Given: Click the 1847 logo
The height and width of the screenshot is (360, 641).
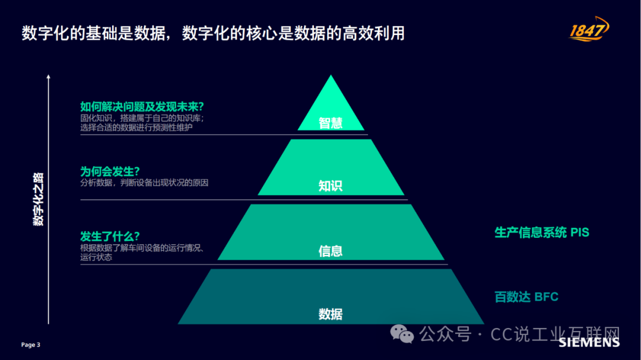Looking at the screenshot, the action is pyautogui.click(x=589, y=29).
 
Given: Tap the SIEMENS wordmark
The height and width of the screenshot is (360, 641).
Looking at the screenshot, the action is pyautogui.click(x=589, y=342).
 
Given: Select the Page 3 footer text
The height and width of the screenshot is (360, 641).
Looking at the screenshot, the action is pyautogui.click(x=31, y=345).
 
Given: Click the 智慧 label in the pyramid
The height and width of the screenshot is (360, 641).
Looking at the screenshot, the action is pyautogui.click(x=331, y=123).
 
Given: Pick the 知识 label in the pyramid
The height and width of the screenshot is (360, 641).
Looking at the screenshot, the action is pyautogui.click(x=331, y=186).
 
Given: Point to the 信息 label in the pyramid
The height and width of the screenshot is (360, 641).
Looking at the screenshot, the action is pyautogui.click(x=331, y=251).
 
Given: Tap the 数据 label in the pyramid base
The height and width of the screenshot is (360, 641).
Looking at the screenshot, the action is pyautogui.click(x=331, y=314).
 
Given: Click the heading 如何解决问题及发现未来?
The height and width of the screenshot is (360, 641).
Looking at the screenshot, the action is pyautogui.click(x=142, y=107).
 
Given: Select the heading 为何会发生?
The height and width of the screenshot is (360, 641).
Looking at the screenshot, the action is pyautogui.click(x=110, y=171).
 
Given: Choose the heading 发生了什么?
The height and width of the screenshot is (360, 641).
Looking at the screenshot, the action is pyautogui.click(x=110, y=236).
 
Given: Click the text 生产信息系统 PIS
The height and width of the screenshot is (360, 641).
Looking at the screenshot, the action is pyautogui.click(x=542, y=232).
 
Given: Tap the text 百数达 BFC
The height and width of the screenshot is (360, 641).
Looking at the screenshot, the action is pyautogui.click(x=526, y=297).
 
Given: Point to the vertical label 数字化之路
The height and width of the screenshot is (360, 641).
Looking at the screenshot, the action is pyautogui.click(x=38, y=199).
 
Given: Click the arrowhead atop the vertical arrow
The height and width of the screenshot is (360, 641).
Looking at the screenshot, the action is pyautogui.click(x=48, y=76).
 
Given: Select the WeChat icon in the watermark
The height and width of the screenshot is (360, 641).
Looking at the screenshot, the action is pyautogui.click(x=402, y=334).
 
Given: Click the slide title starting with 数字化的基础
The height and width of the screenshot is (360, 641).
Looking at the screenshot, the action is pyautogui.click(x=213, y=33).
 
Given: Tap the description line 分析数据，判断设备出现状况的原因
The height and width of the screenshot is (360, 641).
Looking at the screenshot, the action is pyautogui.click(x=144, y=183).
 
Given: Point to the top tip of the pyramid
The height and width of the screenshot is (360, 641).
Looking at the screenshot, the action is pyautogui.click(x=331, y=75).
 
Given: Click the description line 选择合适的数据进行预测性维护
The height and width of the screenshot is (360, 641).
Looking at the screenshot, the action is pyautogui.click(x=136, y=128).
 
